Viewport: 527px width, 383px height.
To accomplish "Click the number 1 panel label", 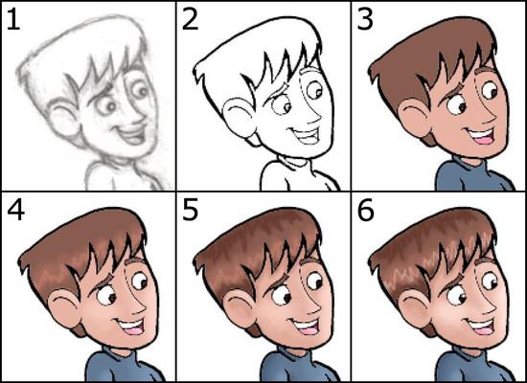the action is pos(12,20).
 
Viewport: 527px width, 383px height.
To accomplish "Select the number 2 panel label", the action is pos(190,20).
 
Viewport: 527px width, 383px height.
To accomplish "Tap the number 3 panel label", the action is pos(365,20).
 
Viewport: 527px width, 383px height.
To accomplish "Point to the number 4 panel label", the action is pos(15,211).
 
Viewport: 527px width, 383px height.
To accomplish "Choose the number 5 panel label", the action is pos(191,211).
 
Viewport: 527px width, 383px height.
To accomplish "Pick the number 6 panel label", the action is pos(366,211).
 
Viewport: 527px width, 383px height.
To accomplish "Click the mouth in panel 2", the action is pos(306,134).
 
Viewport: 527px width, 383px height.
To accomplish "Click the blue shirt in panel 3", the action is pos(474,174).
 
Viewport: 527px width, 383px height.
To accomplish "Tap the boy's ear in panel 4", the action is pos(64,308).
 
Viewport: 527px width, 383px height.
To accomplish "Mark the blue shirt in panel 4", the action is pos(125,365).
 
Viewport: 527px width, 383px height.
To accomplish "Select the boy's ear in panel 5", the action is pos(240,308).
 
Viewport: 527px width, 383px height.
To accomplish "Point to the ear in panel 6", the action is pos(414,308).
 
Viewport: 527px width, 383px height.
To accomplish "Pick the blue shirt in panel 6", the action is pos(474,365).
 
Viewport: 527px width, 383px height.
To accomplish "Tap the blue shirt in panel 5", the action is pos(299,365).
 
